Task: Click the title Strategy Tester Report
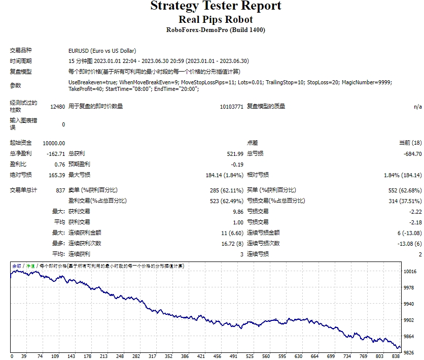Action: click(216, 7)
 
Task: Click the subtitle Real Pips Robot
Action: click(216, 20)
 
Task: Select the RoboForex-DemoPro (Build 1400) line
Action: click(216, 30)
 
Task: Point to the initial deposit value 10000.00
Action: click(54, 143)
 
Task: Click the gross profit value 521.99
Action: click(235, 154)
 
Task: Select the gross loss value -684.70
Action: click(411, 154)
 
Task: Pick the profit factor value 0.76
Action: click(60, 165)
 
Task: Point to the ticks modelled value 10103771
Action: click(231, 107)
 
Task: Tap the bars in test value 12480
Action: click(57, 107)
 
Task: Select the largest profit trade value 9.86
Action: click(238, 212)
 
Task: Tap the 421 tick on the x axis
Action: click(201, 356)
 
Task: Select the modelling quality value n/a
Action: click(417, 107)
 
